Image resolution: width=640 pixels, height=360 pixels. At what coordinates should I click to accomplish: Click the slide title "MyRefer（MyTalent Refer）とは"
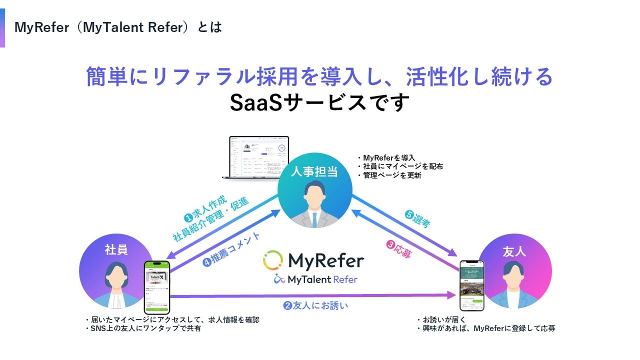click(x=118, y=27)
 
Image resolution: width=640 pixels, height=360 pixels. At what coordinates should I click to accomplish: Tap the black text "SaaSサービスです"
click(x=319, y=102)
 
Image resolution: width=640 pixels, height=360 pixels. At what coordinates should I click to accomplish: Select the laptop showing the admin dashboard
click(x=259, y=157)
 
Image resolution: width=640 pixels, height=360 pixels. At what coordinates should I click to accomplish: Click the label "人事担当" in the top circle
click(x=314, y=172)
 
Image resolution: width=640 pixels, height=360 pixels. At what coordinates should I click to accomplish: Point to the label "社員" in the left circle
click(x=116, y=249)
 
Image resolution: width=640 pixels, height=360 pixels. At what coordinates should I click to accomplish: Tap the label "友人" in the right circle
click(x=514, y=251)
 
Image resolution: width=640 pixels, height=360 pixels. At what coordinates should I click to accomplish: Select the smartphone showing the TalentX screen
click(x=157, y=287)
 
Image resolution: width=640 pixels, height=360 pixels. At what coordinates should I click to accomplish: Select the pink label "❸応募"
click(x=399, y=248)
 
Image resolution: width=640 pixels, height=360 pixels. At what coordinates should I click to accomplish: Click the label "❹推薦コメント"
click(x=231, y=248)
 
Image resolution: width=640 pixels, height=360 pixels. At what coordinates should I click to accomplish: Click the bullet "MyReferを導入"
click(x=389, y=158)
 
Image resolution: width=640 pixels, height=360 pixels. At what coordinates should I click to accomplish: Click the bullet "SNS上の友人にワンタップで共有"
click(x=145, y=328)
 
